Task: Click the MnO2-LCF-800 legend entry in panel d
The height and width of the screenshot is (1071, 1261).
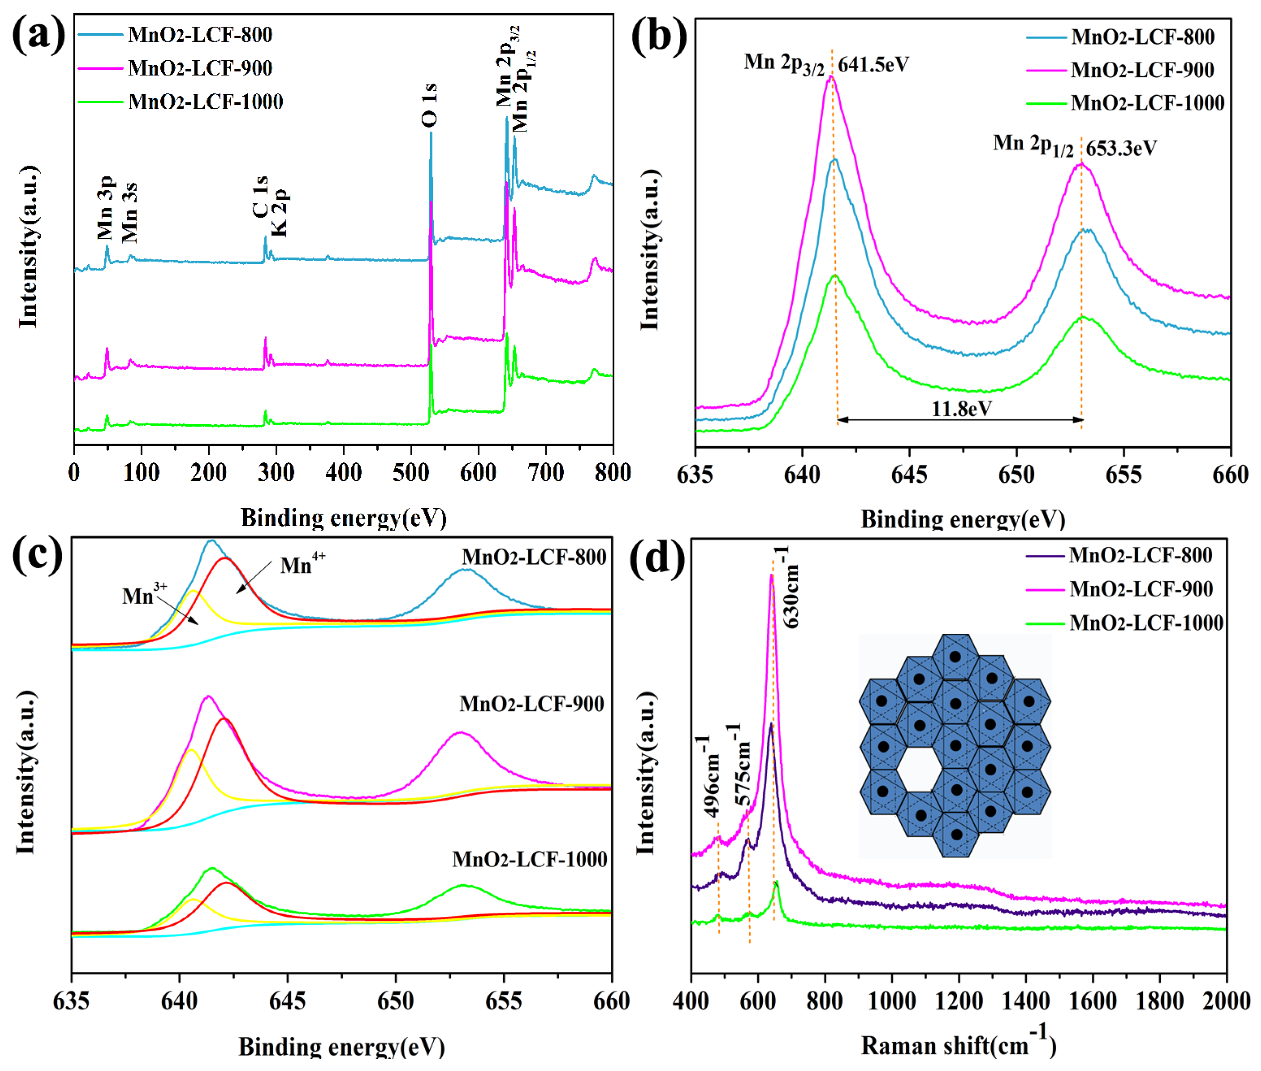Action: pos(1140,555)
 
